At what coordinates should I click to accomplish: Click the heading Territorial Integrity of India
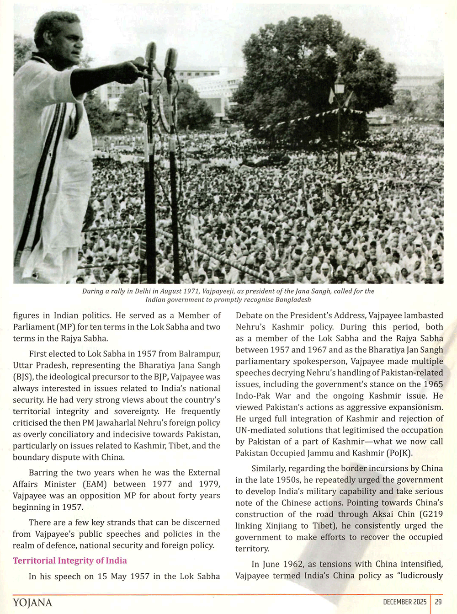click(x=70, y=561)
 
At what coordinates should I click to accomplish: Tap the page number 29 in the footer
click(x=438, y=602)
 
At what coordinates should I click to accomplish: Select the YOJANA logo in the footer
click(x=32, y=603)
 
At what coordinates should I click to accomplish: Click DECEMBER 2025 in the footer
click(x=404, y=602)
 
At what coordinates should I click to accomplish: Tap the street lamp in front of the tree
click(x=339, y=87)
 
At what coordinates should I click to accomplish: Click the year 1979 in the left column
click(x=209, y=484)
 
